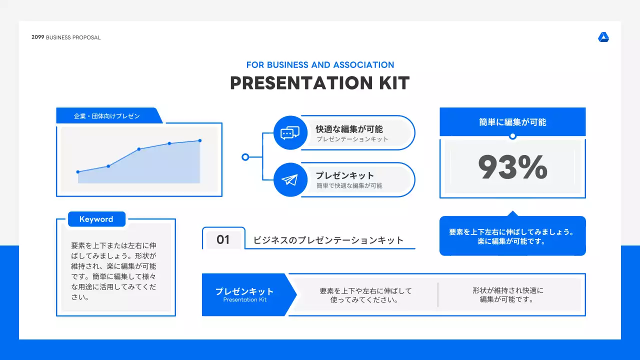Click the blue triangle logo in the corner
[x=603, y=37]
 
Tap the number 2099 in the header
[x=37, y=37]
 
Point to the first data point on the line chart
[x=78, y=171]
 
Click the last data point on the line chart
[x=200, y=140]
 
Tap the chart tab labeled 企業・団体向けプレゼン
[x=109, y=115]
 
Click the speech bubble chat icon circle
[x=290, y=133]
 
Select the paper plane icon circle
[x=290, y=179]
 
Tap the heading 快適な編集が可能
[x=349, y=129]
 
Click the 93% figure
[x=512, y=167]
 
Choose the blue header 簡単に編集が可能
[x=512, y=122]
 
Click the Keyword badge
[x=96, y=219]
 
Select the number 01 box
[x=223, y=239]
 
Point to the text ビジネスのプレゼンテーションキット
[x=328, y=240]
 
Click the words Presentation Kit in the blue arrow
[x=245, y=299]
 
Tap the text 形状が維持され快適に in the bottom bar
[x=507, y=290]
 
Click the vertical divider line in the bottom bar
[x=437, y=294]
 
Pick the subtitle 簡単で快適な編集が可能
[x=349, y=185]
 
